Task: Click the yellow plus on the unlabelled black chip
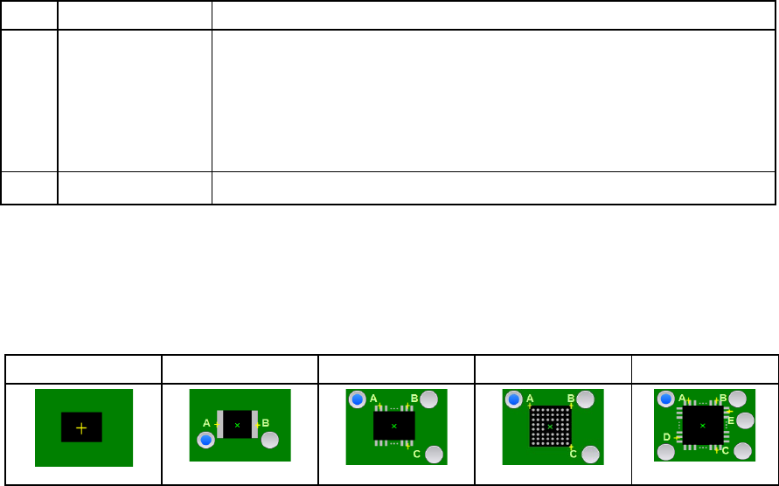pos(81,427)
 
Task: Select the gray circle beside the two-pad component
pos(270,440)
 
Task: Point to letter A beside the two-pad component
pos(207,423)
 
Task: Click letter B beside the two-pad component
pos(266,423)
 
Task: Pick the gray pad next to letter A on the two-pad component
pos(220,424)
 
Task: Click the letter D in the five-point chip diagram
pos(667,436)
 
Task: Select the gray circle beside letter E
pos(745,420)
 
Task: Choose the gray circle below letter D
pos(666,452)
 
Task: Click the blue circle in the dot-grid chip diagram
pos(514,399)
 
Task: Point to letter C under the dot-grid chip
pos(572,454)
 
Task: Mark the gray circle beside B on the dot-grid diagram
pos(586,399)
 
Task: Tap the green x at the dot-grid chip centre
pos(550,426)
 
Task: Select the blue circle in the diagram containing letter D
pos(666,399)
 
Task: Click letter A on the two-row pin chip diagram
pos(373,399)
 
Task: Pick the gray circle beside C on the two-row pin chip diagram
pos(433,454)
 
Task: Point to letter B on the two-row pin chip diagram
pos(414,399)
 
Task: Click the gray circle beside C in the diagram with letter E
pos(743,451)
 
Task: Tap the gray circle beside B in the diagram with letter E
pos(738,399)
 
